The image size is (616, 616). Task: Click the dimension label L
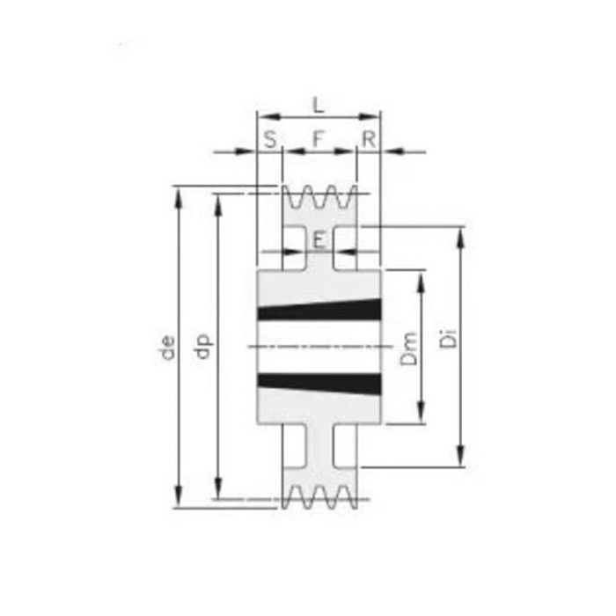click(319, 105)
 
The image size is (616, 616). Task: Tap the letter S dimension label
click(270, 139)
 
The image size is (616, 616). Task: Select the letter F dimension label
click(319, 139)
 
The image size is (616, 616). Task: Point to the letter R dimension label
click(369, 139)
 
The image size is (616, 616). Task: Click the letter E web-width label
click(319, 240)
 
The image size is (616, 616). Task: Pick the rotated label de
click(168, 348)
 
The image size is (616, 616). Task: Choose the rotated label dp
click(204, 347)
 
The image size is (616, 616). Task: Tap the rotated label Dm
click(408, 348)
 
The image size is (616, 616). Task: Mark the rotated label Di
click(448, 339)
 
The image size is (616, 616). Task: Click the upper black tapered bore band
click(319, 310)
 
